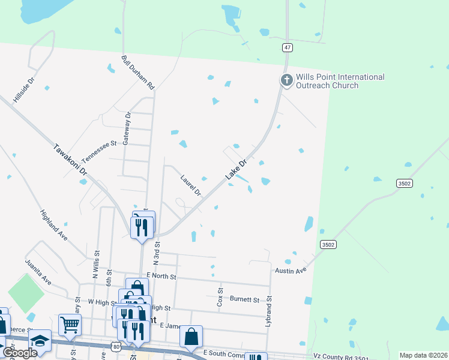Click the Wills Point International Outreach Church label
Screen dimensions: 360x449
pos(339,81)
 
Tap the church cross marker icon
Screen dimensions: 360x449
pos(287,80)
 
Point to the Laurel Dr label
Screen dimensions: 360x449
pos(190,185)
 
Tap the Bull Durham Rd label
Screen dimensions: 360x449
pos(138,73)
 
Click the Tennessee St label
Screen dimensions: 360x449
pos(99,152)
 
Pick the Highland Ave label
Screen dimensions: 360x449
pos(53,225)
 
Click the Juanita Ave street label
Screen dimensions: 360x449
pos(38,271)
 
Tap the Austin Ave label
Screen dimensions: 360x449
pos(291,271)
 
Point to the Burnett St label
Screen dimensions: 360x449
pos(244,299)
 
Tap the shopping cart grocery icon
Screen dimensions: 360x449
pos(70,325)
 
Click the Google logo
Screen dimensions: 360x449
pos(19,353)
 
